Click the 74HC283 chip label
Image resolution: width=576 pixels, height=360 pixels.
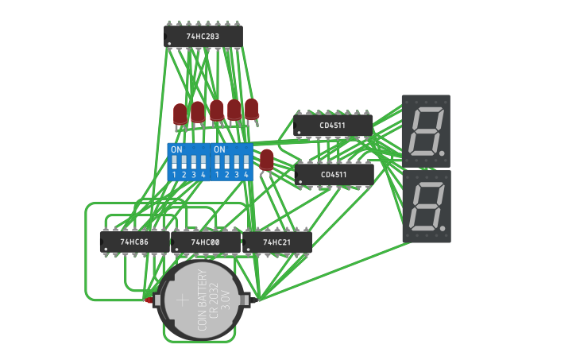pyautogui.click(x=203, y=37)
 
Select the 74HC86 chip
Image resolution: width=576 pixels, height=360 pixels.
pyautogui.click(x=134, y=242)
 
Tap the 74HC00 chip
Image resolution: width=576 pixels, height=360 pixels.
pyautogui.click(x=205, y=242)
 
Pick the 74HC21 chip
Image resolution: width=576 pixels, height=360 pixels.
pyautogui.click(x=276, y=242)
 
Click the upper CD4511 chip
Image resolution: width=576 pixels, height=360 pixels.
pyautogui.click(x=333, y=126)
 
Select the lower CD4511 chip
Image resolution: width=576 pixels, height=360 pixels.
pyautogui.click(x=334, y=174)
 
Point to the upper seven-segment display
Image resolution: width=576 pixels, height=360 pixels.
pyautogui.click(x=426, y=130)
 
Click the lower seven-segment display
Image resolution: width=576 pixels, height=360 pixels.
pyautogui.click(x=426, y=206)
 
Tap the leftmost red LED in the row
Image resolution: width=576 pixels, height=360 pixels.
pyautogui.click(x=180, y=114)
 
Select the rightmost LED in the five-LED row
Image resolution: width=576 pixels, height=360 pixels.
pyautogui.click(x=251, y=108)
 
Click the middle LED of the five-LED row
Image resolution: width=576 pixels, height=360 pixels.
pyautogui.click(x=216, y=110)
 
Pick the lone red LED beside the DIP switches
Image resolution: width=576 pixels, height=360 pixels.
pyautogui.click(x=267, y=159)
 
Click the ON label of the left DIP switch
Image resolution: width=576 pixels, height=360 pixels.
pyautogui.click(x=176, y=149)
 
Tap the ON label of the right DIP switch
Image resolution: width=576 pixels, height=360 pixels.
pyautogui.click(x=219, y=149)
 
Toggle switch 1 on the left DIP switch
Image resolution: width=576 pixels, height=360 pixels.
pyautogui.click(x=174, y=164)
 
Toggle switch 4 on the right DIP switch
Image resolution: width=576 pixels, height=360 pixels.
pyautogui.click(x=245, y=164)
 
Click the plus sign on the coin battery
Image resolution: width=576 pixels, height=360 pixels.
pyautogui.click(x=182, y=300)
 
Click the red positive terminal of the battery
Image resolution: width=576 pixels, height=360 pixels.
pyautogui.click(x=149, y=300)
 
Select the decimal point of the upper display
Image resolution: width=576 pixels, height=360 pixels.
pyautogui.click(x=441, y=152)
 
